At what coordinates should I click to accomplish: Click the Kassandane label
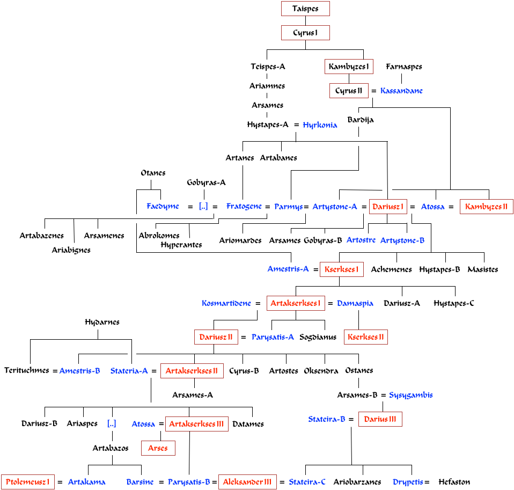(x=401, y=91)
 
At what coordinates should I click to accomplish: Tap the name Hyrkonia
(x=320, y=126)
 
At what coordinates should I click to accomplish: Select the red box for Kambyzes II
(x=486, y=207)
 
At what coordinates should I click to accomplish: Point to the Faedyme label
(x=163, y=207)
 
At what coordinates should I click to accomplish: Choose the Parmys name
(x=288, y=207)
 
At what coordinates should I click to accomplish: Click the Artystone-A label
(x=334, y=207)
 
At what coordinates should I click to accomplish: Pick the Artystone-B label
(x=402, y=240)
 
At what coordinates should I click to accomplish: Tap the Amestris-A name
(x=288, y=269)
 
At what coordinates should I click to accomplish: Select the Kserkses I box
(x=342, y=269)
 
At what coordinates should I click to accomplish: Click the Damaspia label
(x=355, y=304)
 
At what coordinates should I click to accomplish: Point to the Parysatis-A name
(x=273, y=338)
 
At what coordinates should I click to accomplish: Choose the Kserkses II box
(x=366, y=338)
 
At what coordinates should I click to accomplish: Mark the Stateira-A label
(x=129, y=371)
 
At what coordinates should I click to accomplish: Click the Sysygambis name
(x=411, y=396)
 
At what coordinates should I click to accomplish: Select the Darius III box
(x=380, y=420)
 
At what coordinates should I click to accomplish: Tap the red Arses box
(x=158, y=448)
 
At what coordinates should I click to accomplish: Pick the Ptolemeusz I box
(x=28, y=482)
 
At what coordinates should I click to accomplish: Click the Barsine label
(x=140, y=482)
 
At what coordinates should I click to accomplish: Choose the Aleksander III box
(x=247, y=482)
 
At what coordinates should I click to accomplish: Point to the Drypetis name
(x=408, y=482)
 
